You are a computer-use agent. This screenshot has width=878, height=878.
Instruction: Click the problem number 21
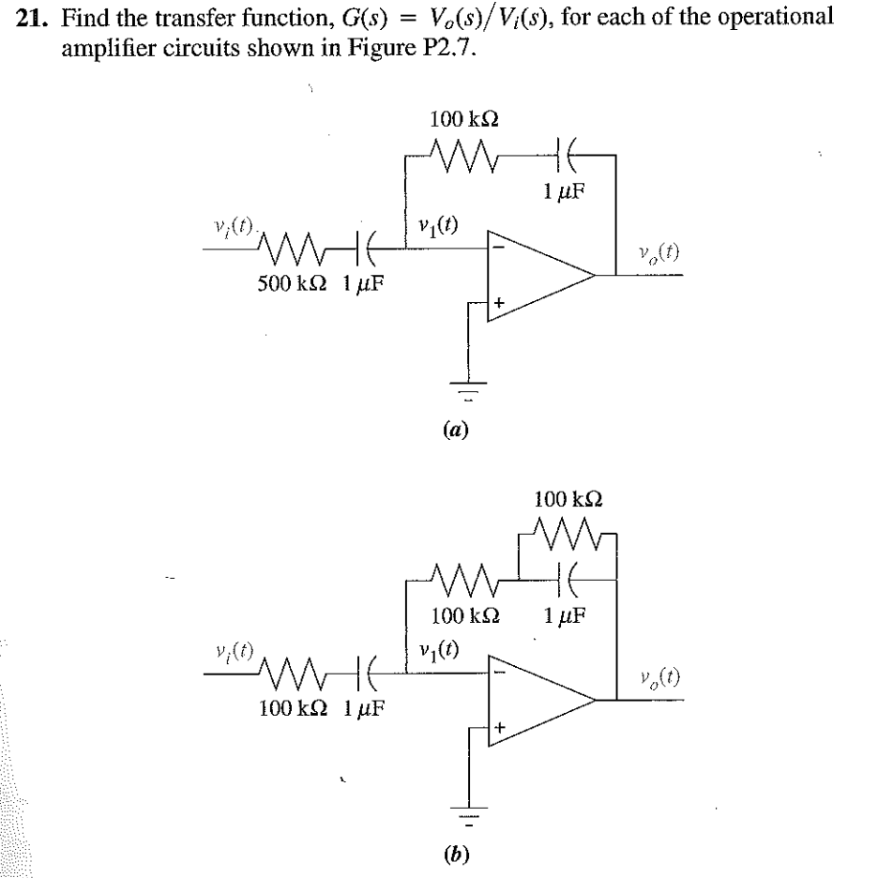pos(30,20)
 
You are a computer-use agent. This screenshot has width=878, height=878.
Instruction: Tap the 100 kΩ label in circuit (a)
pos(463,119)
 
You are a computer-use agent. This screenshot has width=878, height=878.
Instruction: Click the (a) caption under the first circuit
pos(460,429)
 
